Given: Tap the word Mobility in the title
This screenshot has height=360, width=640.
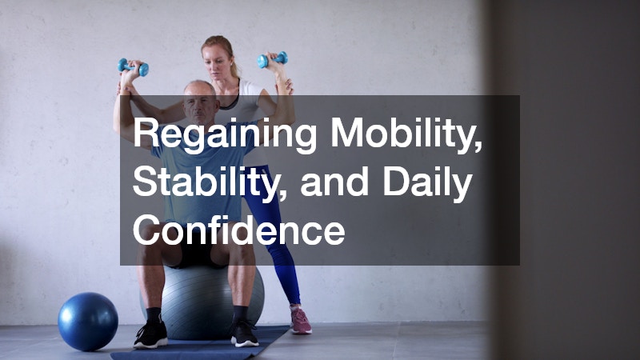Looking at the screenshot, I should [x=398, y=134].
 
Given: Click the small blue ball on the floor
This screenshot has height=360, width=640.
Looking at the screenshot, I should [x=88, y=321].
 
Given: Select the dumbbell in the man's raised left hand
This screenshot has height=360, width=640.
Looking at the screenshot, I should [x=132, y=67].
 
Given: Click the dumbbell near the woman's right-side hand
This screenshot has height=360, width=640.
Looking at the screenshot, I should [x=272, y=59].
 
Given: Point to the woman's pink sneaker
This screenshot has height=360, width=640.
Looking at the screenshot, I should [x=300, y=322].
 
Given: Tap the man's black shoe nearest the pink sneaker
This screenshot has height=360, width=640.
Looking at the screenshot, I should [x=244, y=333].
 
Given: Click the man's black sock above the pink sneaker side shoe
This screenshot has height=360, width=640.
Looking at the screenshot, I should [x=240, y=313].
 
